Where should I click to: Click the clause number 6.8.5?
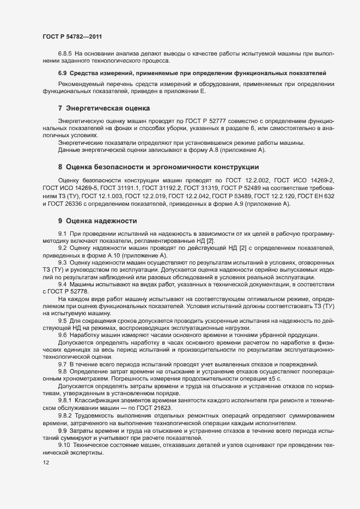tap(65, 53)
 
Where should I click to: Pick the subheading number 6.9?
tap(62, 72)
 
